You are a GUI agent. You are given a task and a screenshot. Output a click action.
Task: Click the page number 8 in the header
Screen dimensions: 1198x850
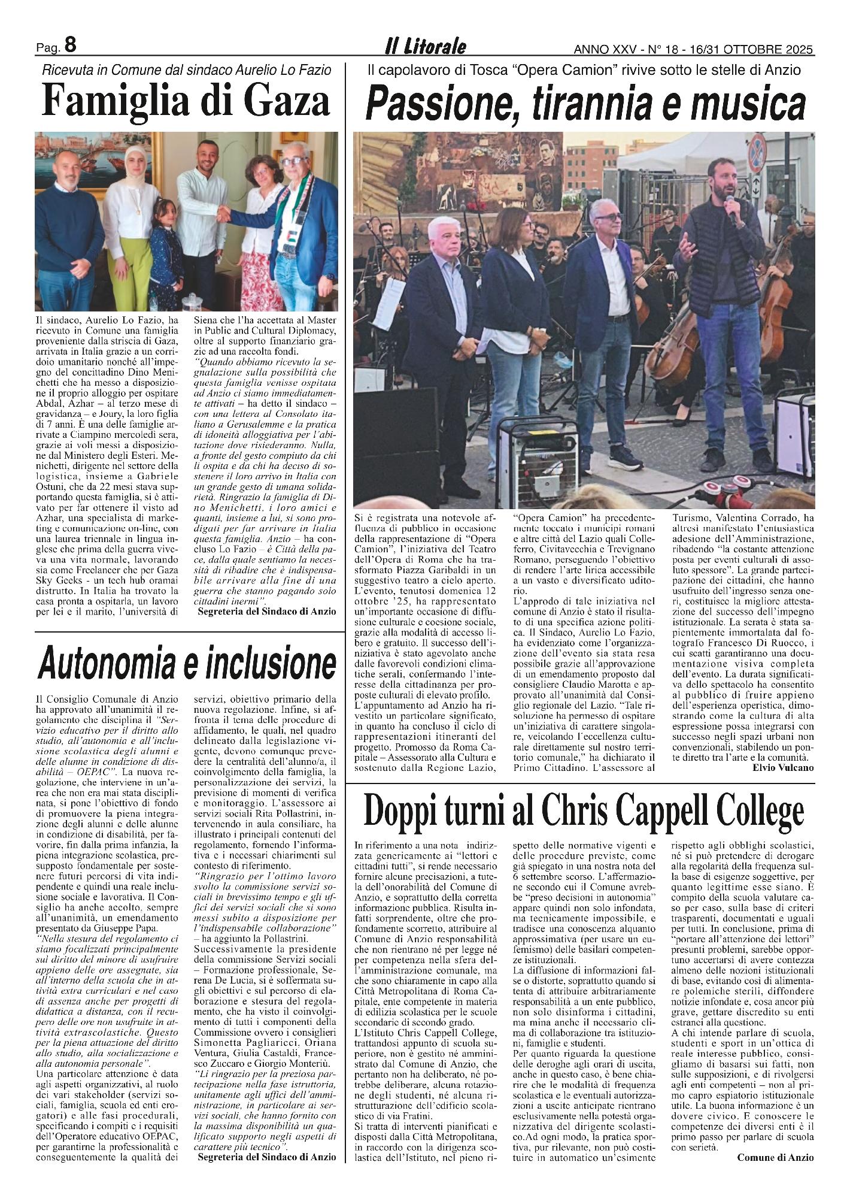[69, 45]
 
